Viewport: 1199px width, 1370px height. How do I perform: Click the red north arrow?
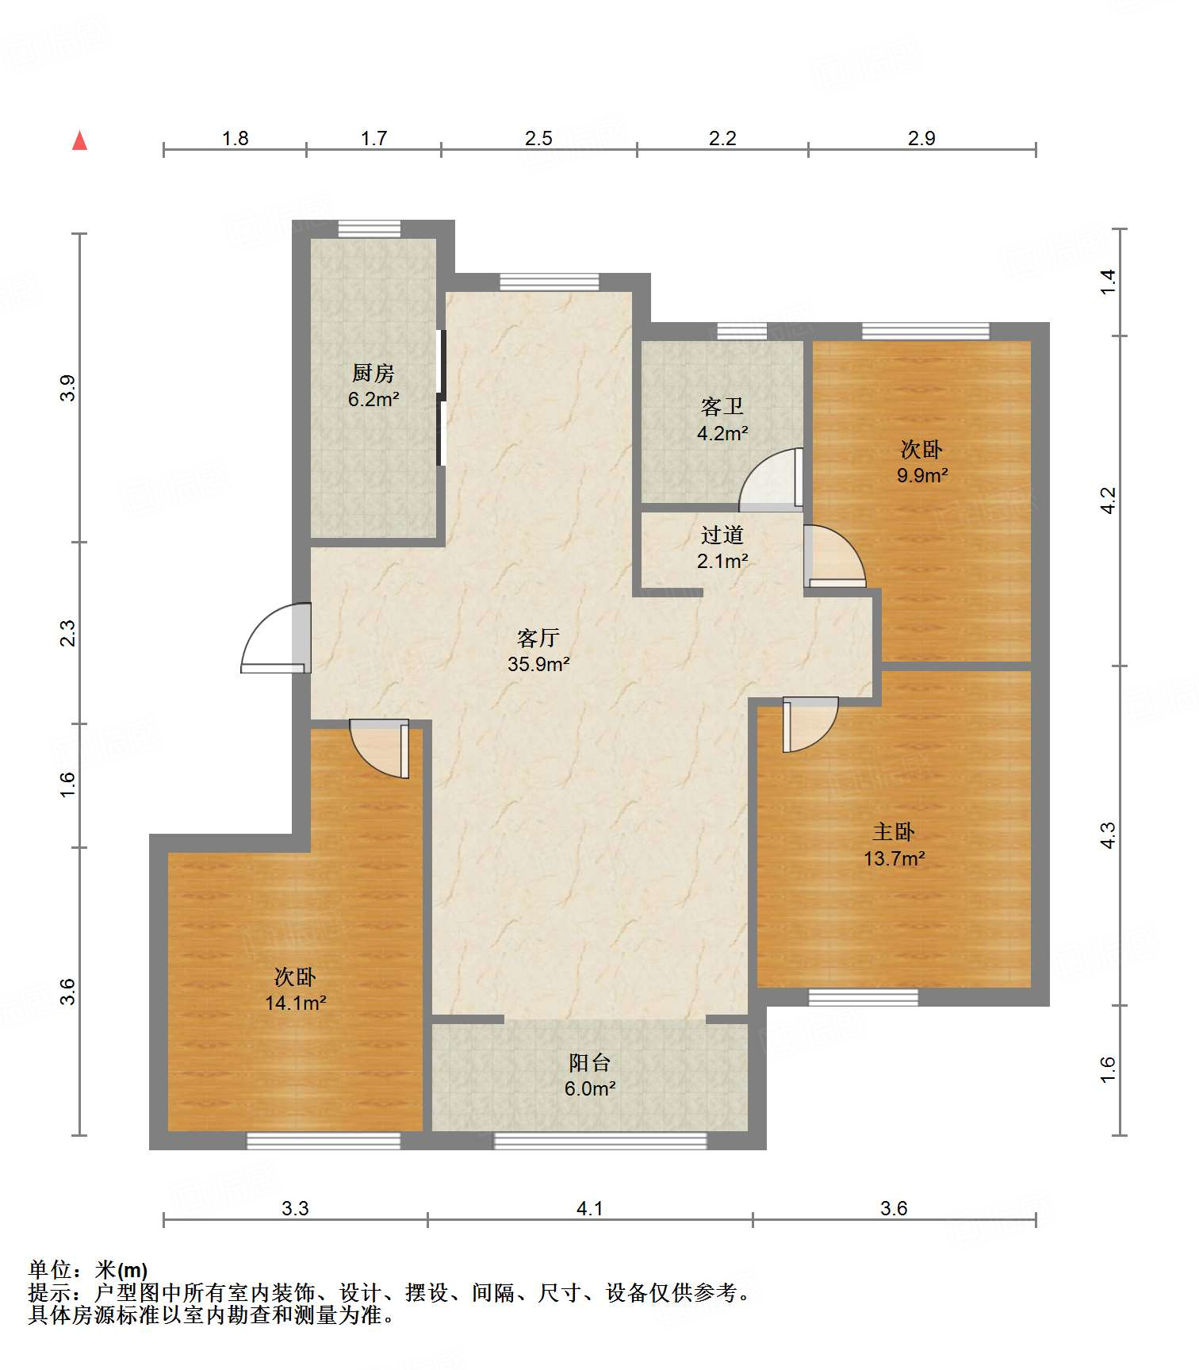pos(79,140)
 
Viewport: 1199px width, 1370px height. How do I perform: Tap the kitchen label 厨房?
pos(373,372)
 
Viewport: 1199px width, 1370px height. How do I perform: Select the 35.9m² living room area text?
pos(538,664)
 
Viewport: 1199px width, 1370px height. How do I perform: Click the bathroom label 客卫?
pos(722,407)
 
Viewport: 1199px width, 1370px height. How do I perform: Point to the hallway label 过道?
pos(722,535)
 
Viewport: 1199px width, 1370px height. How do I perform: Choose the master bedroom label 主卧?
pos(894,831)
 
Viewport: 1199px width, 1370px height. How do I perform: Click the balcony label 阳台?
pos(589,1062)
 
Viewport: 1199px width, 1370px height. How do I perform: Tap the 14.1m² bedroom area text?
pos(296,1003)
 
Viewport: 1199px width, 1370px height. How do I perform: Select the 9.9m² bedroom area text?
pos(922,475)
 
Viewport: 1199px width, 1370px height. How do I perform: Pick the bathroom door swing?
pos(770,479)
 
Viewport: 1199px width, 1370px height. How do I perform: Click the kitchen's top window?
pos(370,228)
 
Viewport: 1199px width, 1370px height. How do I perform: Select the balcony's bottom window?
pos(600,1141)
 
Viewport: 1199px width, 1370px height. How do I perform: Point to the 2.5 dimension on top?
pos(538,138)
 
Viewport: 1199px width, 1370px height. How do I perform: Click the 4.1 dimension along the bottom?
pos(589,1208)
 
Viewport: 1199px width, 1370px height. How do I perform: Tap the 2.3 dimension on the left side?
pos(68,633)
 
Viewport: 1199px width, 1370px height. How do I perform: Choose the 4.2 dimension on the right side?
pos(1108,500)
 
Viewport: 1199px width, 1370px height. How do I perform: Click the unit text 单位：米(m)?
pos(88,1270)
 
